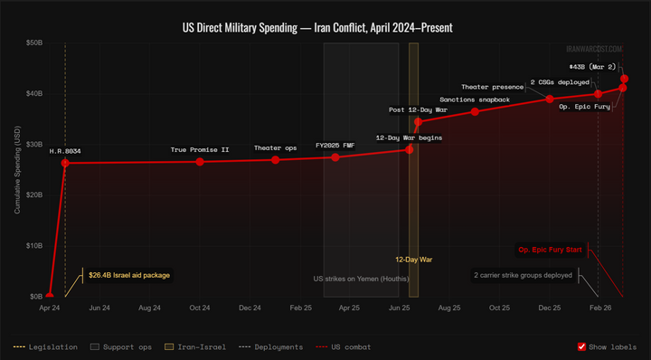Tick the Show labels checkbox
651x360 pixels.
[582, 346]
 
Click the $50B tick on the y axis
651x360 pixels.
[32, 43]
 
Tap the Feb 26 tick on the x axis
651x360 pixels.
[599, 308]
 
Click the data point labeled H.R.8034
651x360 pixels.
[65, 163]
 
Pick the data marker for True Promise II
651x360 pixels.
[200, 162]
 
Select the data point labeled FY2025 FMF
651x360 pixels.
[335, 157]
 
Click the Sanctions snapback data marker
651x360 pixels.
[476, 111]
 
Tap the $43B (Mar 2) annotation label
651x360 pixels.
[593, 67]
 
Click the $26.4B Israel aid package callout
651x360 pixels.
[128, 275]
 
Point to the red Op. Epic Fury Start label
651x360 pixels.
[551, 250]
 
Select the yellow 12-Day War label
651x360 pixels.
[413, 260]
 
